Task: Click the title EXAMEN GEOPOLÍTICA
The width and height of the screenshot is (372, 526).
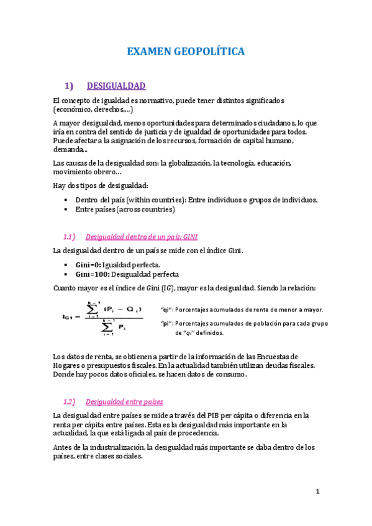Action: coord(186,51)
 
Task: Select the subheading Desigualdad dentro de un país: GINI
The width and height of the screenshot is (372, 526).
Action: coord(141,237)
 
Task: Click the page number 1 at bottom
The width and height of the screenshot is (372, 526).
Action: coord(317,492)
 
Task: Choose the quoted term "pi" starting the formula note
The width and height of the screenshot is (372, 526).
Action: coord(166,323)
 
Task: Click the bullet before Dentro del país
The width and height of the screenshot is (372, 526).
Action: coord(66,200)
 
